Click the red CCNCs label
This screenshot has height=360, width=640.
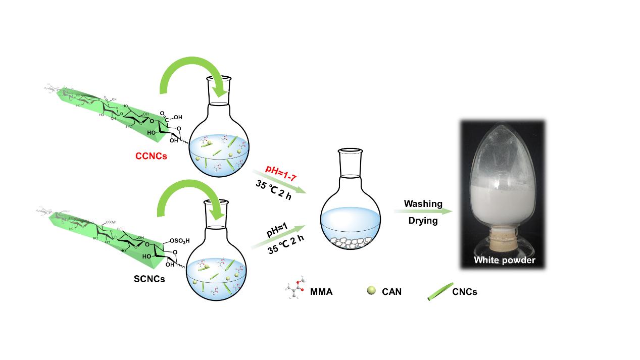click(152, 157)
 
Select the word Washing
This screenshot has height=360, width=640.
click(423, 204)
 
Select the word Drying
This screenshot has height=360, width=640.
click(423, 221)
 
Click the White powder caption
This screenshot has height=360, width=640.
click(504, 261)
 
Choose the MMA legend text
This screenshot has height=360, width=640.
click(321, 291)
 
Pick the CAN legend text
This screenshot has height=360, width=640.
click(391, 291)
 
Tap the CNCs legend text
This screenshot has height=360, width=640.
click(464, 291)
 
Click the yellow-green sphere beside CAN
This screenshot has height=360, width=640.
click(371, 290)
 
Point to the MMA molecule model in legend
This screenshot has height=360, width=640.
click(296, 290)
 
